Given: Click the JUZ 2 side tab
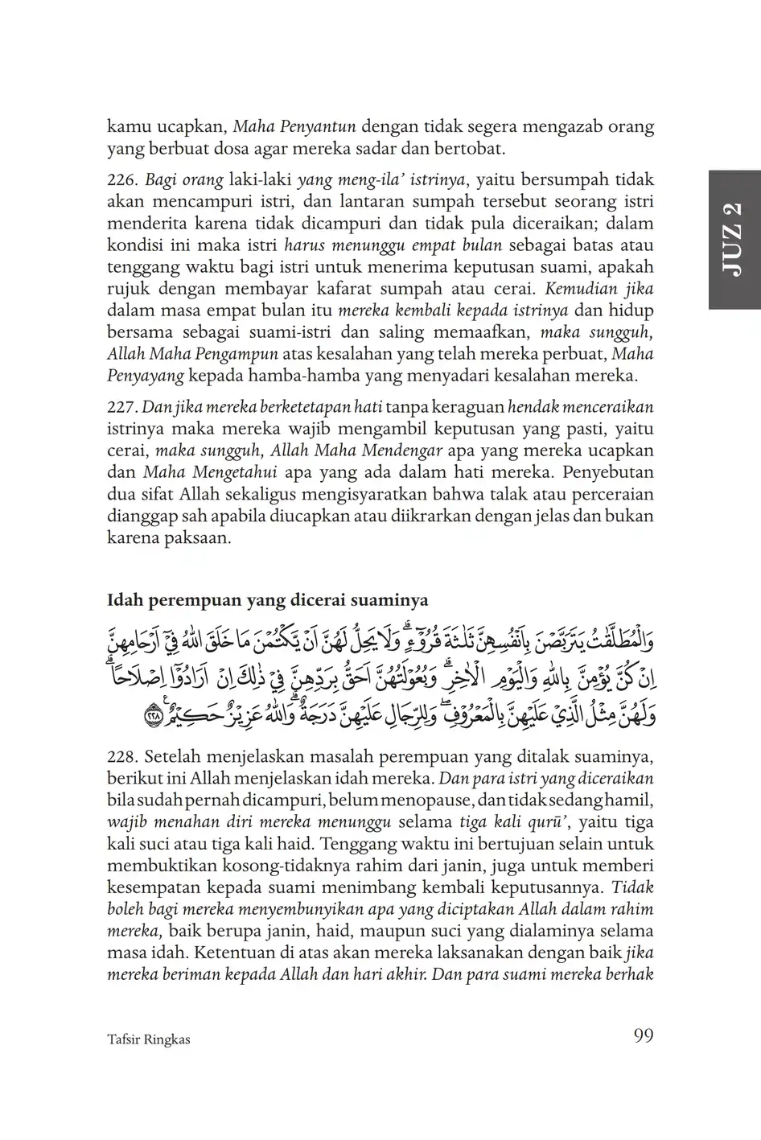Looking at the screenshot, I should pos(734,240).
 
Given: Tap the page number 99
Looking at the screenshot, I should pos(643,1035).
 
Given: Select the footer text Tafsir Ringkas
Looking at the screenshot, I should pos(148,1039).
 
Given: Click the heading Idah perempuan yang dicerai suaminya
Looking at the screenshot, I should pos(267,600).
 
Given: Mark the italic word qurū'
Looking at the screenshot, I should pos(548,822).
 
